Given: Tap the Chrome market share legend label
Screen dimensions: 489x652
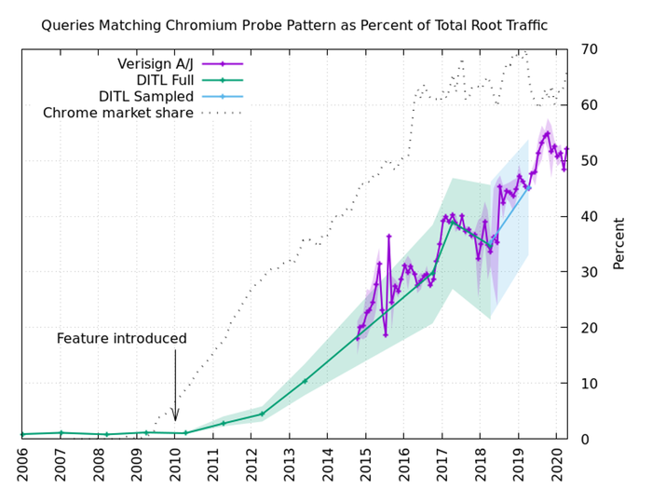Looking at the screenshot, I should pos(118,114).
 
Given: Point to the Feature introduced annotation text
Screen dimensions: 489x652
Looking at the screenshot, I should pos(122,339).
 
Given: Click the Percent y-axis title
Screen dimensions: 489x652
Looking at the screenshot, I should pos(618,245).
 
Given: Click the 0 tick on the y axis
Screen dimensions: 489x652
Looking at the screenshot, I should pos(584,440).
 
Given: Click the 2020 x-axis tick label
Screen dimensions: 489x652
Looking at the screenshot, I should pos(558,464).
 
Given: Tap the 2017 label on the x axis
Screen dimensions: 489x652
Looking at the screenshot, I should pos(443,464).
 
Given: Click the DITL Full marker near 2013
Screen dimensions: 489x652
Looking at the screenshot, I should pos(305,381).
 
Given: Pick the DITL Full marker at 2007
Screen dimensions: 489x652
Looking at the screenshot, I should pos(61,433).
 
